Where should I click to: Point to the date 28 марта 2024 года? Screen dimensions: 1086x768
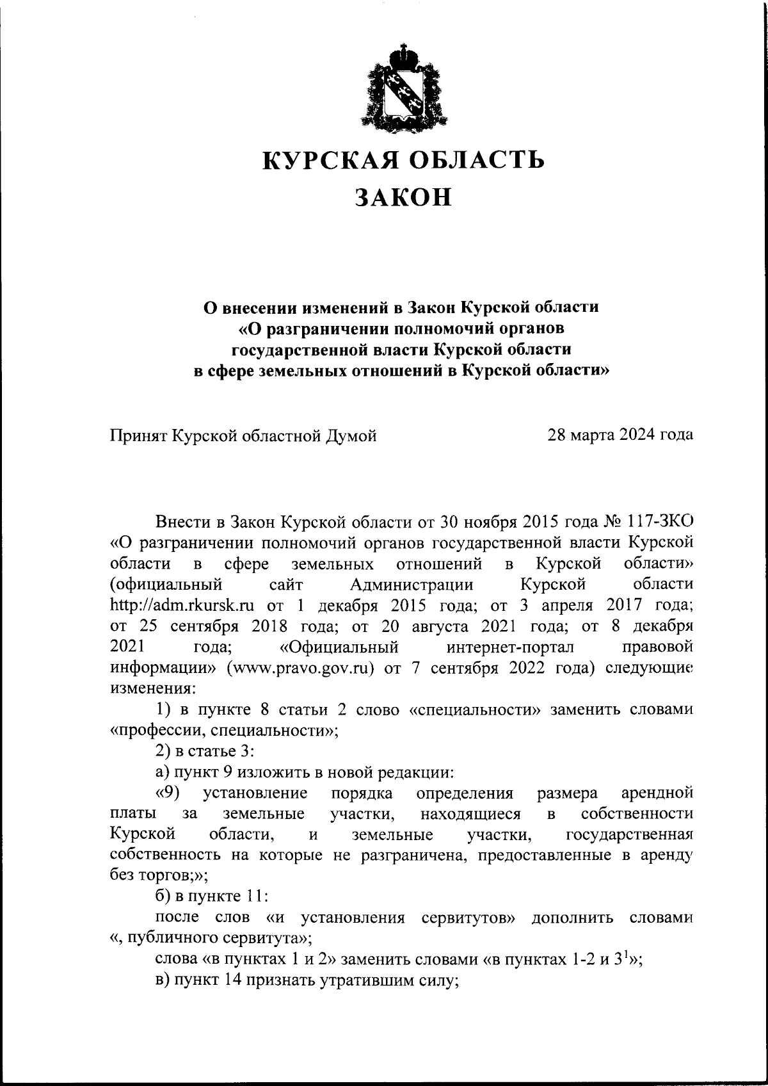tap(620, 435)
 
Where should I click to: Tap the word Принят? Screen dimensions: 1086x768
tap(140, 436)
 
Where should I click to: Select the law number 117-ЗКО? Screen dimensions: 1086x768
tap(664, 523)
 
